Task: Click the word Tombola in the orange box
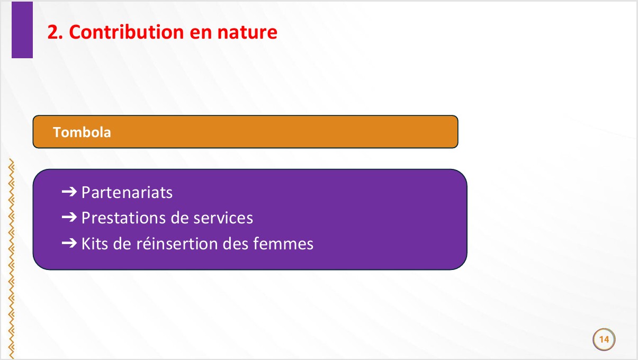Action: [82, 132]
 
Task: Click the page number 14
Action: [604, 339]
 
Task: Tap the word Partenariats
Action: [127, 192]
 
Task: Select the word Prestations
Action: [123, 218]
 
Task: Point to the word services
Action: [223, 218]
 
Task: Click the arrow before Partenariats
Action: [69, 192]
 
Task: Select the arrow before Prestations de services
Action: [69, 218]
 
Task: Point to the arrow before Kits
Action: [69, 243]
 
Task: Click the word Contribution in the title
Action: [127, 32]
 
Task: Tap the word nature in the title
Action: [247, 32]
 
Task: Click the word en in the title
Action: [201, 33]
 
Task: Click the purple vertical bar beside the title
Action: [22, 30]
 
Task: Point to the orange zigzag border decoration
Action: [11, 258]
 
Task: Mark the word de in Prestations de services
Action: [179, 218]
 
